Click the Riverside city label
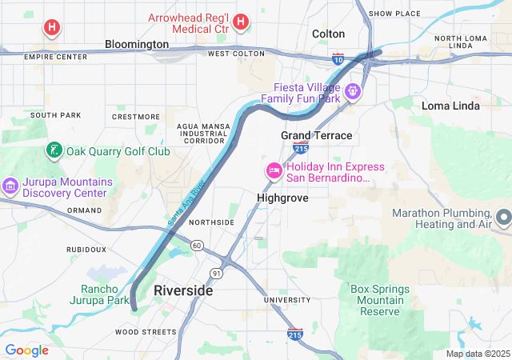click(x=183, y=290)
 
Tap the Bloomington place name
click(x=137, y=44)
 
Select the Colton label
click(x=328, y=34)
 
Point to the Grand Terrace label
click(x=316, y=135)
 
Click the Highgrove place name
click(x=282, y=197)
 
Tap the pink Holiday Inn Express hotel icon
click(x=274, y=170)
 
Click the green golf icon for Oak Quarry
click(x=54, y=150)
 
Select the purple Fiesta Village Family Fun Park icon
click(x=354, y=92)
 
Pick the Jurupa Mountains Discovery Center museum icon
click(x=10, y=186)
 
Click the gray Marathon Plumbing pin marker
click(x=503, y=217)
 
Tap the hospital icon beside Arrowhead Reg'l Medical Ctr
click(x=241, y=23)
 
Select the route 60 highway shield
click(x=196, y=246)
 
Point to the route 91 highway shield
click(x=217, y=274)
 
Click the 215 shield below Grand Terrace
click(x=301, y=148)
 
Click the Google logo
click(x=26, y=350)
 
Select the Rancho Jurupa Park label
click(x=105, y=295)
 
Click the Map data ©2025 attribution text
click(x=477, y=354)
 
